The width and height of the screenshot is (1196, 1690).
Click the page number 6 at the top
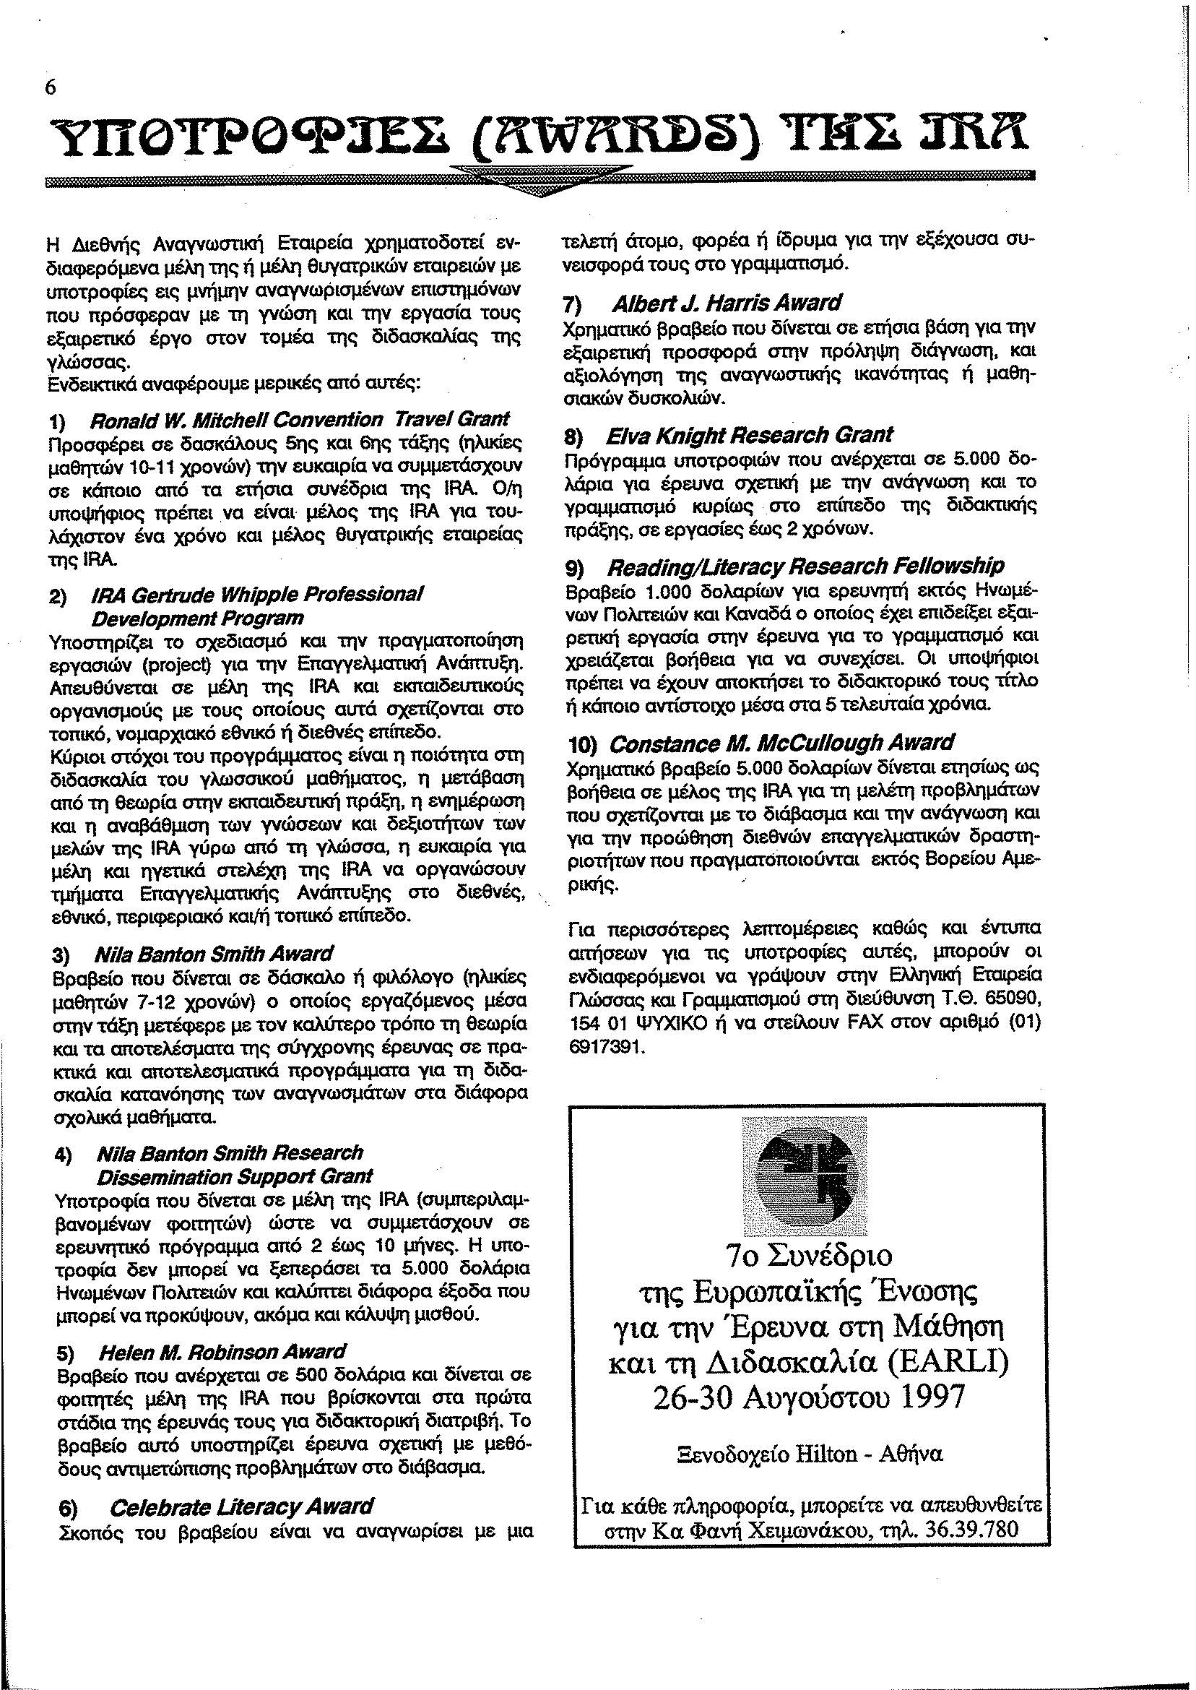pos(50,87)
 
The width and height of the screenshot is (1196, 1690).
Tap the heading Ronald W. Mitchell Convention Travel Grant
pos(299,420)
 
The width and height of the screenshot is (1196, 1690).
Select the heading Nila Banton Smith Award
pos(214,954)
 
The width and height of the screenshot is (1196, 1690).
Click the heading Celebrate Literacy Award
pos(240,1486)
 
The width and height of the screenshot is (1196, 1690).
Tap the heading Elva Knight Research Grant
pos(749,435)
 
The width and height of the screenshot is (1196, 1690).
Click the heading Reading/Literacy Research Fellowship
pos(805,566)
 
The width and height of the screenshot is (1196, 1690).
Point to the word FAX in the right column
pos(843,1024)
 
